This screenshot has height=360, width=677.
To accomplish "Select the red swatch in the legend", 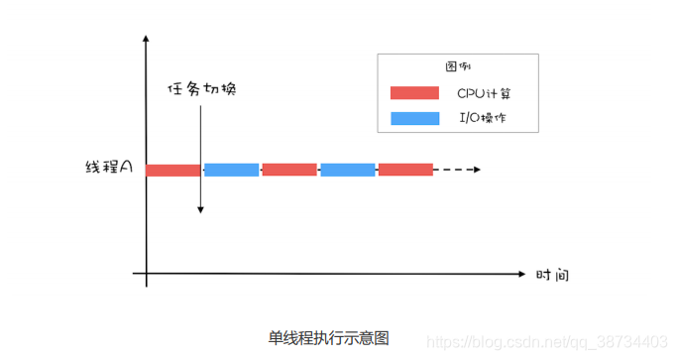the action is [414, 93].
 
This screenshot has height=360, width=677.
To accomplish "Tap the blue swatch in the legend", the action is [414, 119].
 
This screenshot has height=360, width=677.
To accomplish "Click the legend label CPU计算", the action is [484, 93].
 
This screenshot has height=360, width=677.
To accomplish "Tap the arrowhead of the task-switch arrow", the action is [200, 209].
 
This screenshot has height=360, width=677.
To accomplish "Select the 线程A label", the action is [109, 170].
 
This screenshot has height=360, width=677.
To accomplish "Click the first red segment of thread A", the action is [172, 171].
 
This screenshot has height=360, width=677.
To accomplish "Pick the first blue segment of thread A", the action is [231, 170].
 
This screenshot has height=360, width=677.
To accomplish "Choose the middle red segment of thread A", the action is [289, 170].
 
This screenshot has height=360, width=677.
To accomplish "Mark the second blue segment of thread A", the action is [347, 170].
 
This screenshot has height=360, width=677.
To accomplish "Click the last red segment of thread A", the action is [405, 170].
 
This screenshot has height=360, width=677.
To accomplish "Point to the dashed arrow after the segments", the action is [458, 170].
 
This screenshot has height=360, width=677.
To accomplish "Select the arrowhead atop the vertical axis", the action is [147, 40].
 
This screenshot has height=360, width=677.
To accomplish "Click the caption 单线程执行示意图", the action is [329, 337].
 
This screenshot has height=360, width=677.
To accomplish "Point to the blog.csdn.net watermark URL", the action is [547, 341].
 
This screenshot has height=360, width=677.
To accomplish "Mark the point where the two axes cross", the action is [147, 272].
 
